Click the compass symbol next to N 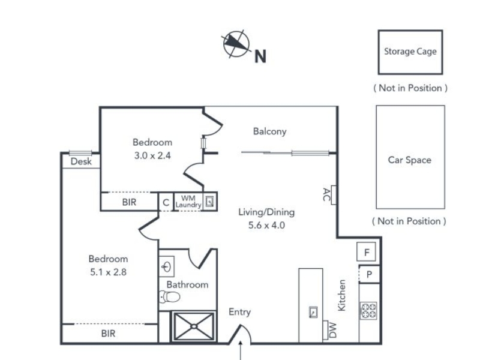(235, 44)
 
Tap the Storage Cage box (410, 52)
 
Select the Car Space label (410, 160)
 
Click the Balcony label (269, 131)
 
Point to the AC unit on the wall (334, 194)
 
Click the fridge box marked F (367, 251)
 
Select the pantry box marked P (369, 274)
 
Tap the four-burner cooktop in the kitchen (368, 311)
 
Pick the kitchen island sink (313, 312)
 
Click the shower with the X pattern (193, 326)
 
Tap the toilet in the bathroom (170, 296)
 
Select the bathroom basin (167, 266)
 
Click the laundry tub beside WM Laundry (209, 202)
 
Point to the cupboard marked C (166, 202)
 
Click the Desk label (81, 161)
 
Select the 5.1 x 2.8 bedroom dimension (109, 272)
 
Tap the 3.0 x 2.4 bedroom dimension (152, 155)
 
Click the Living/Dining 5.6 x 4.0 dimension (266, 226)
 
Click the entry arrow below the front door (241, 350)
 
